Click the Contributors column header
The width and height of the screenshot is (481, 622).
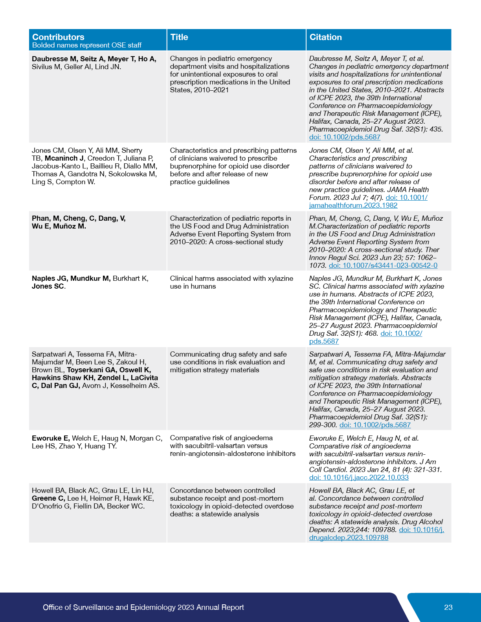58,37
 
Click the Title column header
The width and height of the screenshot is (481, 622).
179,37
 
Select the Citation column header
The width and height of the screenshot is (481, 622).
325,37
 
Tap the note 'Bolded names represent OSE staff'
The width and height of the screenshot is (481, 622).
87,45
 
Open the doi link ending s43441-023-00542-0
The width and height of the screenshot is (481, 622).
383,265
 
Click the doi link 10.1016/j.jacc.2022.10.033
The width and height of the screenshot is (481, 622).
359,477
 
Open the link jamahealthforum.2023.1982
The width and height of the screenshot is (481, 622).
353,205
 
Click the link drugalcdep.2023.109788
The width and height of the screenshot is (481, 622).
349,538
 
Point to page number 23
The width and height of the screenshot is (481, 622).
448,607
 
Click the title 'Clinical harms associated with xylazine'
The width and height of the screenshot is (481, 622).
231,278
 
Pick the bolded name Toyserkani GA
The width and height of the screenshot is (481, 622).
91,370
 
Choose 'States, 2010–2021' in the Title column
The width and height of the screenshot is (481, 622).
199,90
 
